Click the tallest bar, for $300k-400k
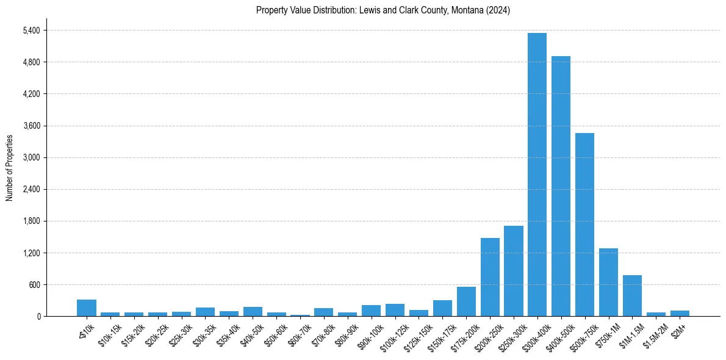pyautogui.click(x=537, y=175)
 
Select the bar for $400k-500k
pyautogui.click(x=561, y=186)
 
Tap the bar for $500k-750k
pyautogui.click(x=584, y=225)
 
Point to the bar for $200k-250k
pyautogui.click(x=490, y=277)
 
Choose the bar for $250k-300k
pyautogui.click(x=514, y=271)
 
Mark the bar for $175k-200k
pyautogui.click(x=466, y=301)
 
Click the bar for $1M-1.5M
pyautogui.click(x=632, y=295)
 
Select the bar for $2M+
pyautogui.click(x=680, y=313)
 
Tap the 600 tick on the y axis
pyautogui.click(x=34, y=284)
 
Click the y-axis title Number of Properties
pyautogui.click(x=9, y=167)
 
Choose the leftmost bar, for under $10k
pyautogui.click(x=87, y=308)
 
